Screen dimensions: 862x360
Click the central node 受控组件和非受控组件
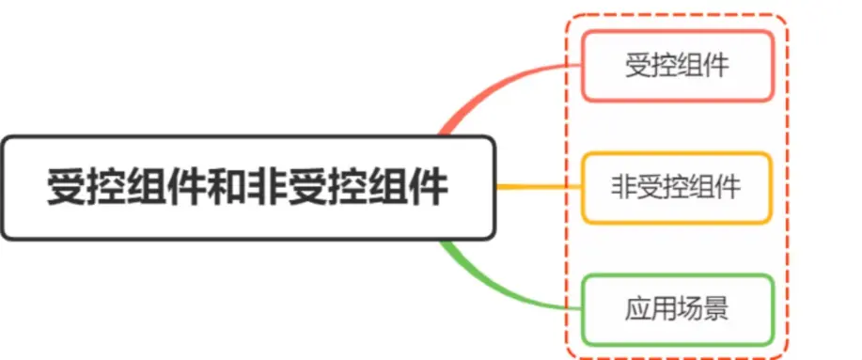[247, 187]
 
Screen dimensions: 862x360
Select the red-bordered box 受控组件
[677, 66]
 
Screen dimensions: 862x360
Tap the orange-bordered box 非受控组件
[677, 187]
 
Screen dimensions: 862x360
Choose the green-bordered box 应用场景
[677, 308]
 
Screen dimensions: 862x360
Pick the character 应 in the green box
[637, 308]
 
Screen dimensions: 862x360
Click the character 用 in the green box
[664, 308]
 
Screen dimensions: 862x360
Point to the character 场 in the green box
[690, 308]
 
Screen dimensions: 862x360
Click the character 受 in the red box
[637, 66]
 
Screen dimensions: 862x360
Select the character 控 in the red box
[664, 66]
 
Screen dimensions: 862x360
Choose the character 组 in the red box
[690, 66]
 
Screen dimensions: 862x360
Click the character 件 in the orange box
[729, 187]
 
